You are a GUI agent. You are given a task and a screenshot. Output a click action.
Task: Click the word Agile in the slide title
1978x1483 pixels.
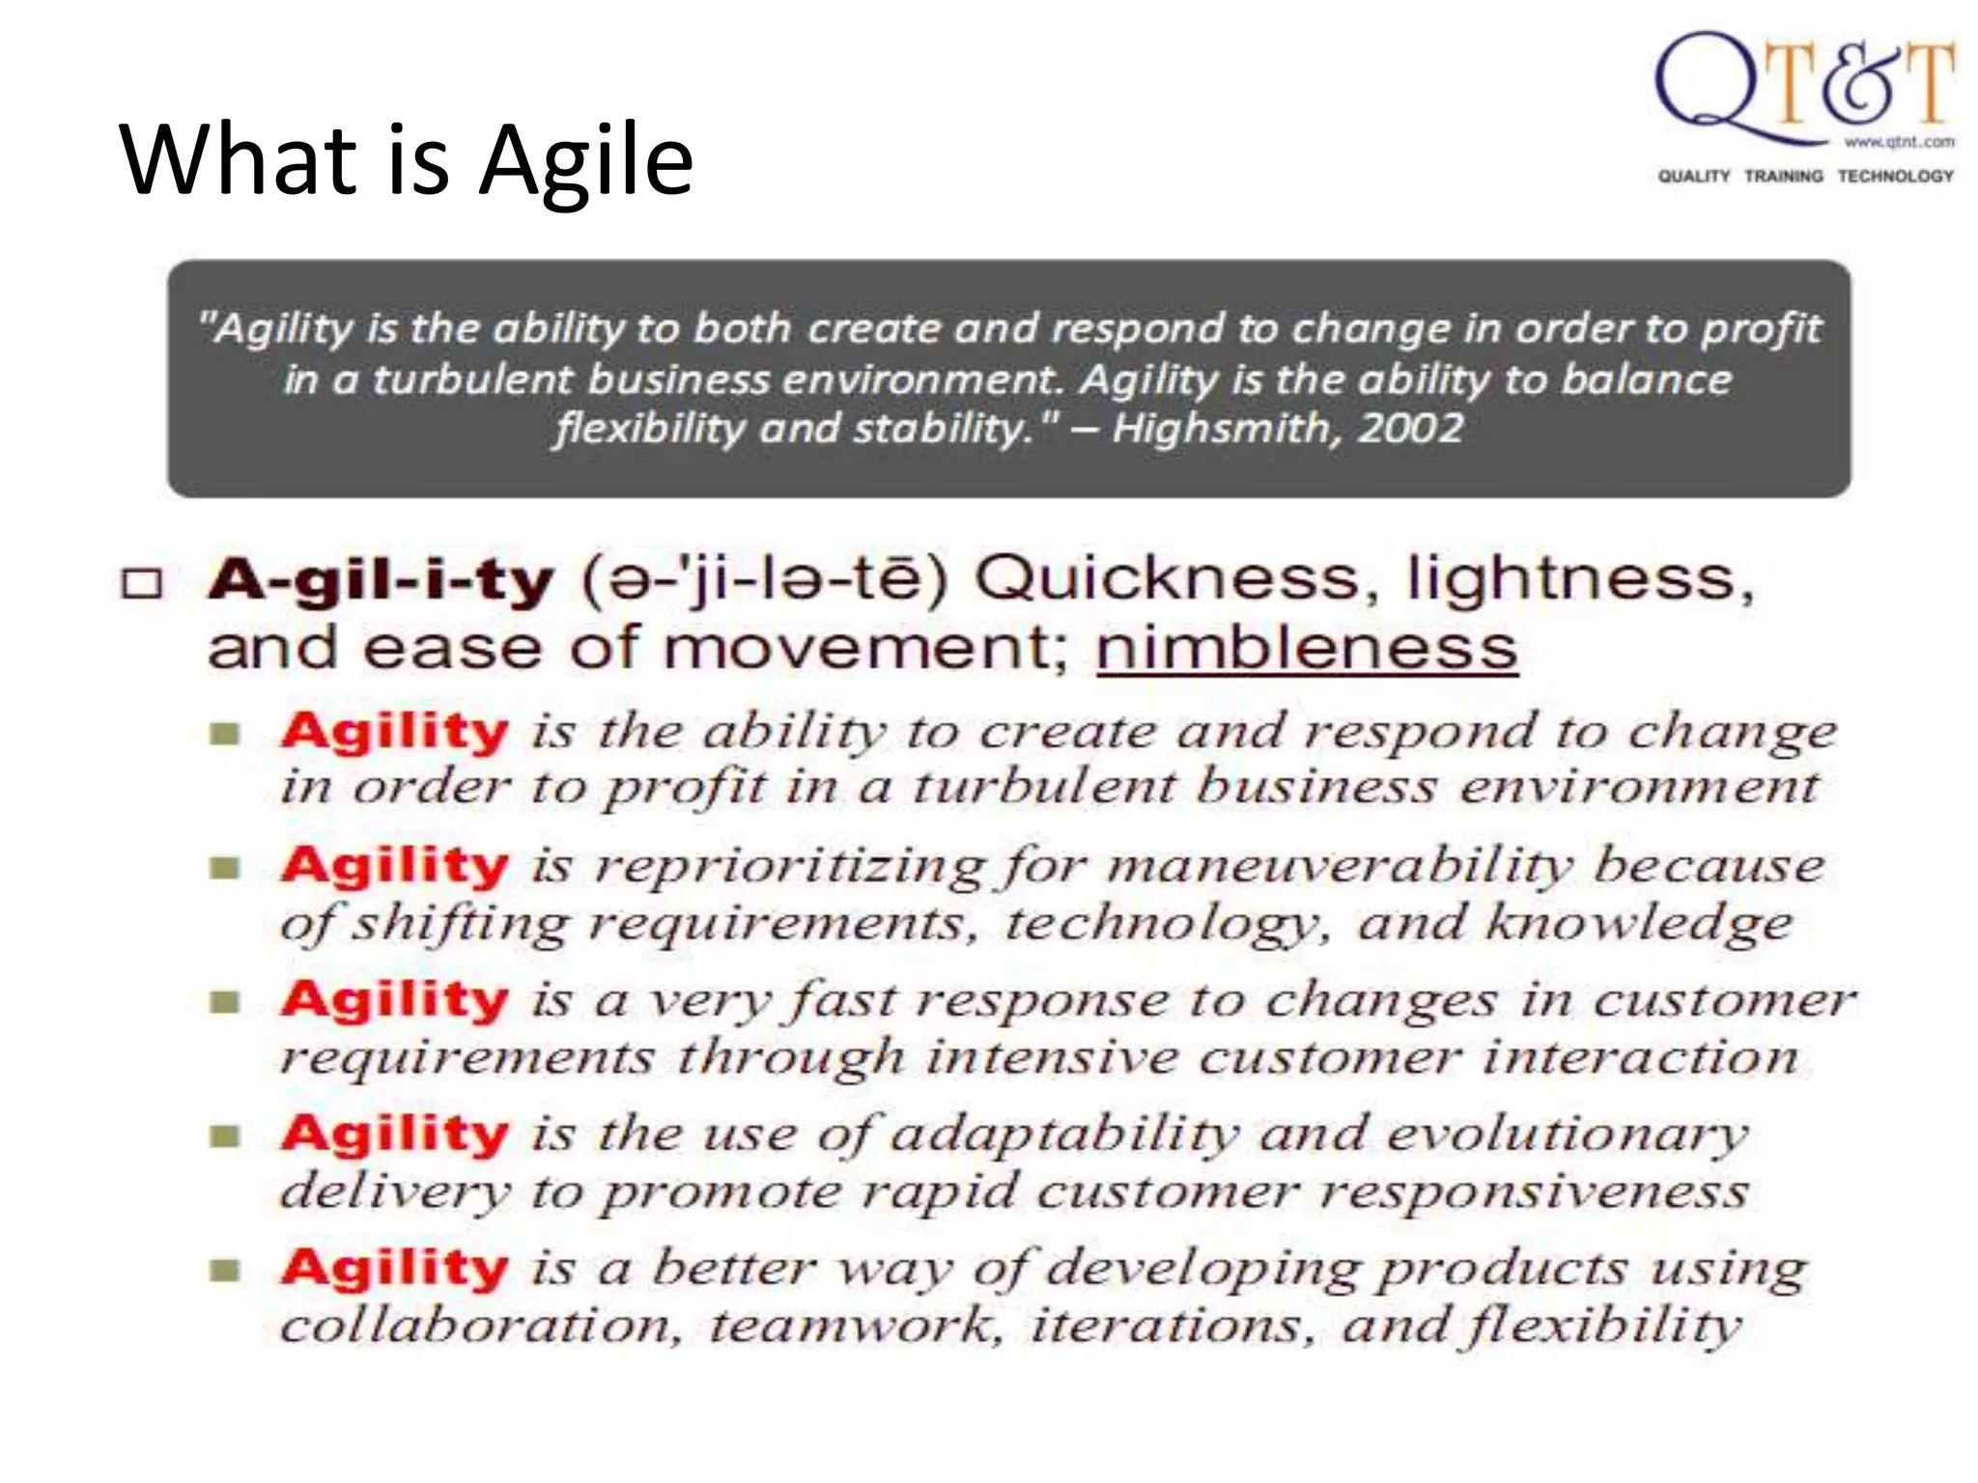[x=586, y=159]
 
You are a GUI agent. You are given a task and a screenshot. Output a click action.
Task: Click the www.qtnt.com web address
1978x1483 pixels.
[x=1899, y=143]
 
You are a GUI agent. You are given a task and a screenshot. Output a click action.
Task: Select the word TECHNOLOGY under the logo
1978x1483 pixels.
[x=1895, y=176]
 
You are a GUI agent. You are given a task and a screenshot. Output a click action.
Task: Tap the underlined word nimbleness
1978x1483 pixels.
[x=1307, y=648]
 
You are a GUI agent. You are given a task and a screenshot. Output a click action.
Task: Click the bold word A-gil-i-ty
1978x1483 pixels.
[x=381, y=581]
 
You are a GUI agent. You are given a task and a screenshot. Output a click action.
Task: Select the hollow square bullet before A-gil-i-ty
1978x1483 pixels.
[x=142, y=584]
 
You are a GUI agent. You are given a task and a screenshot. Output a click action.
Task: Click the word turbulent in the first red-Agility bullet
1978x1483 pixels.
[x=1044, y=787]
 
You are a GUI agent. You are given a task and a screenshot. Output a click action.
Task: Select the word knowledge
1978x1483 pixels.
[x=1639, y=923]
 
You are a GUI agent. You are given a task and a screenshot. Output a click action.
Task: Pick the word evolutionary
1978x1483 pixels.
[x=1568, y=1134]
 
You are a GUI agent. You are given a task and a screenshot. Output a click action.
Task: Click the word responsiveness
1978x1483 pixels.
[x=1535, y=1191]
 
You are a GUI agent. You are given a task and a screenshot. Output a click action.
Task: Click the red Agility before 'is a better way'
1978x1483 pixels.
[x=394, y=1268]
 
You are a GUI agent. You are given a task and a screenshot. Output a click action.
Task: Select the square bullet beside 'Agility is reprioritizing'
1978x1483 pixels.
[x=224, y=869]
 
